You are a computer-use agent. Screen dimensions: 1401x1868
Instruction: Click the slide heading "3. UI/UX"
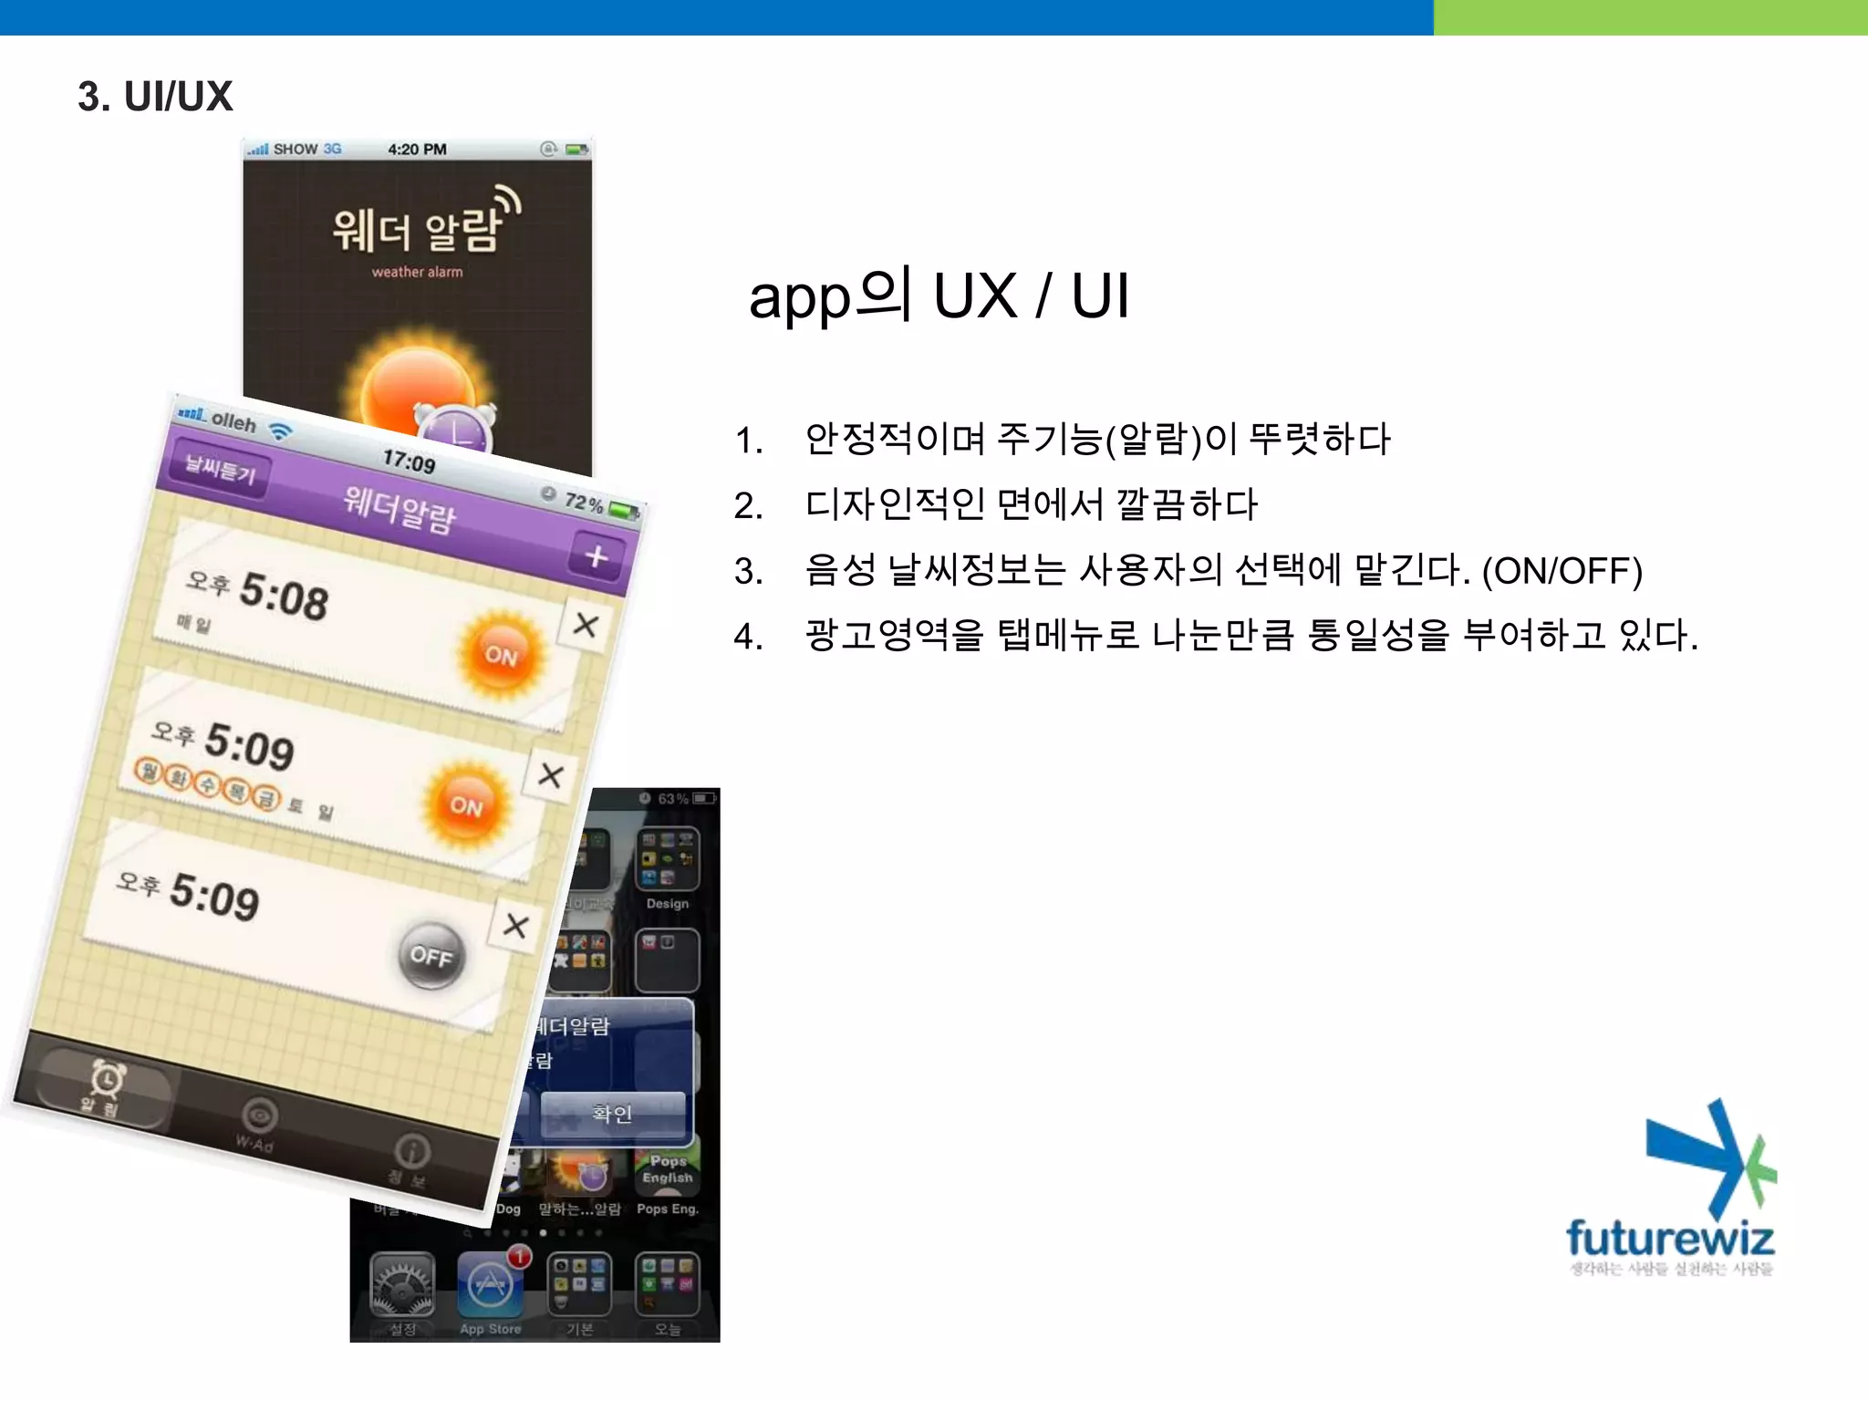pyautogui.click(x=155, y=97)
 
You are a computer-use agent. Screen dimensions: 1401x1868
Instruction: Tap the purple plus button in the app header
pyautogui.click(x=596, y=555)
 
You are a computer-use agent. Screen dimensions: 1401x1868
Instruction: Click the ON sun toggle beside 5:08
pyautogui.click(x=501, y=653)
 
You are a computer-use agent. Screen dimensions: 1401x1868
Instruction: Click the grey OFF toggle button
pyautogui.click(x=431, y=955)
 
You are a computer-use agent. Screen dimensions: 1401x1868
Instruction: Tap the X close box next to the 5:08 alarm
pyautogui.click(x=585, y=625)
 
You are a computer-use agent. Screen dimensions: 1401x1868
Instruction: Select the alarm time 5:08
pyautogui.click(x=284, y=597)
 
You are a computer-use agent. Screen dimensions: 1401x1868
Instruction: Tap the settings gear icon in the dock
pyautogui.click(x=402, y=1284)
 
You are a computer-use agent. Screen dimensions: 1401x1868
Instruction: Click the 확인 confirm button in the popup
pyautogui.click(x=612, y=1114)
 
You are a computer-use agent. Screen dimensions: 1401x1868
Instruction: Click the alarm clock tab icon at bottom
pyautogui.click(x=107, y=1081)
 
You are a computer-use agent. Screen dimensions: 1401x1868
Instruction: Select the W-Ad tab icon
pyautogui.click(x=259, y=1116)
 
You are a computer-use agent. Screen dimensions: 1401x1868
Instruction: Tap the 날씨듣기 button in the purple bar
pyautogui.click(x=220, y=470)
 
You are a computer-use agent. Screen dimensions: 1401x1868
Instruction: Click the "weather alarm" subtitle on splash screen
pyautogui.click(x=417, y=272)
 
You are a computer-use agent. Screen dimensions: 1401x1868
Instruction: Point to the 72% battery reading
pyautogui.click(x=584, y=502)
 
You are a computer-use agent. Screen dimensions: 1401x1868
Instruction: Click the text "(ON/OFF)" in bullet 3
pyautogui.click(x=1562, y=571)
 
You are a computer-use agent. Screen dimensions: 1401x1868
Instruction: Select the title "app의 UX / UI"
pyautogui.click(x=939, y=296)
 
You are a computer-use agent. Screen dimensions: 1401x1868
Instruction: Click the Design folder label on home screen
pyautogui.click(x=668, y=904)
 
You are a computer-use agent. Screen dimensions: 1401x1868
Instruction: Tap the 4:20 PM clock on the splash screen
pyautogui.click(x=417, y=150)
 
